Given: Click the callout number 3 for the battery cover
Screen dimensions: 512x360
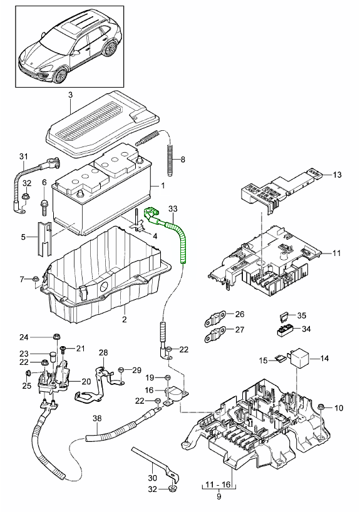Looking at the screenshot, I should point(70,95).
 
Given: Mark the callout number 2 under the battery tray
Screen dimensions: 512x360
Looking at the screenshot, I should point(124,320).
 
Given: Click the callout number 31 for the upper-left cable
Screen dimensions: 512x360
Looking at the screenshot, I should point(24,156).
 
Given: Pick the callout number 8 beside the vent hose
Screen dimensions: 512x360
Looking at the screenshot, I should point(183,160).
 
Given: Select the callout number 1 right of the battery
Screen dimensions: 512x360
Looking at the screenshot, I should point(162,186).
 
